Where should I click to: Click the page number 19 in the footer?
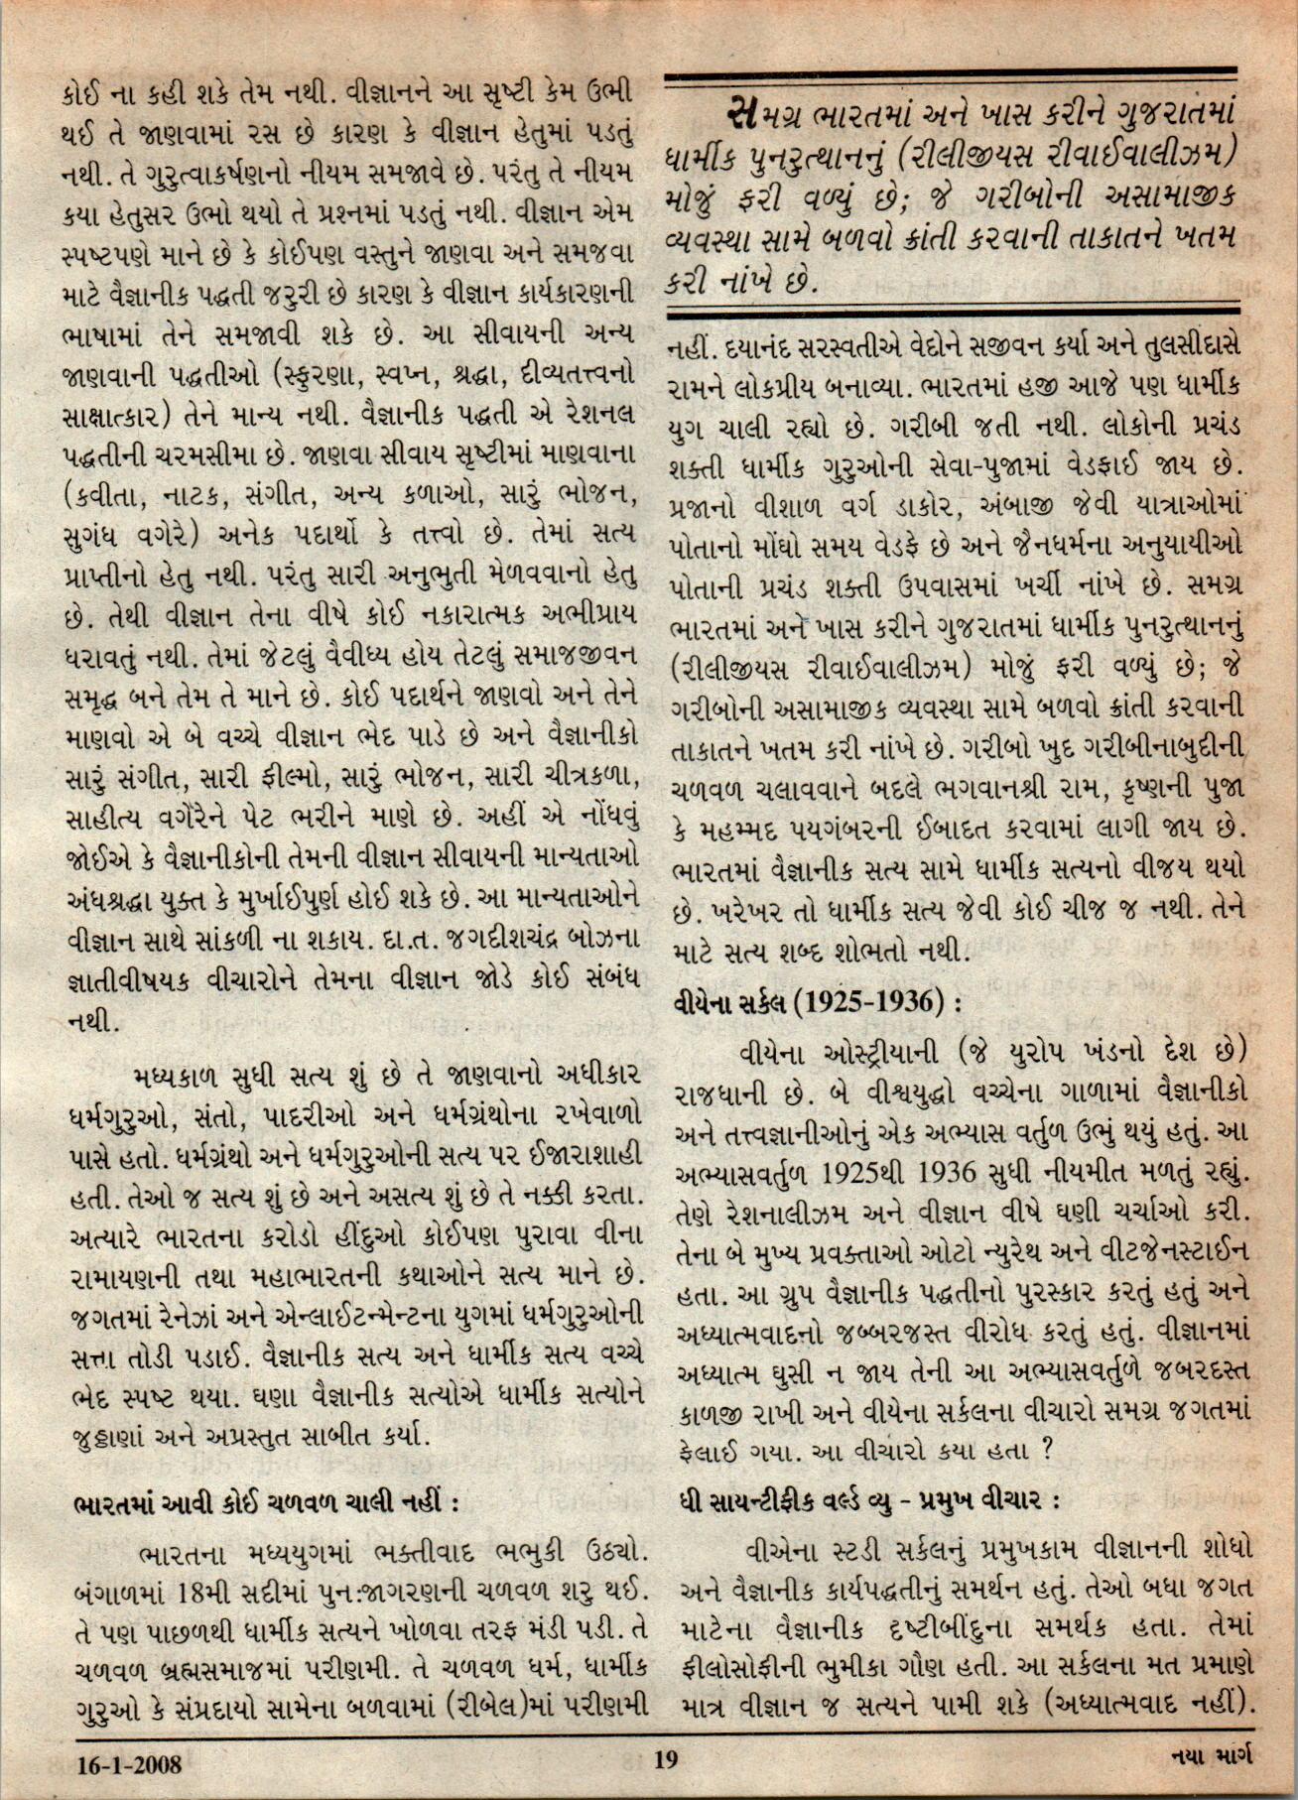point(665,1761)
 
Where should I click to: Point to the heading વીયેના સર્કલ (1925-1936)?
point(817,1001)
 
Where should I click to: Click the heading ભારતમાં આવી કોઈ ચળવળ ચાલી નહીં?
point(266,1502)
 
